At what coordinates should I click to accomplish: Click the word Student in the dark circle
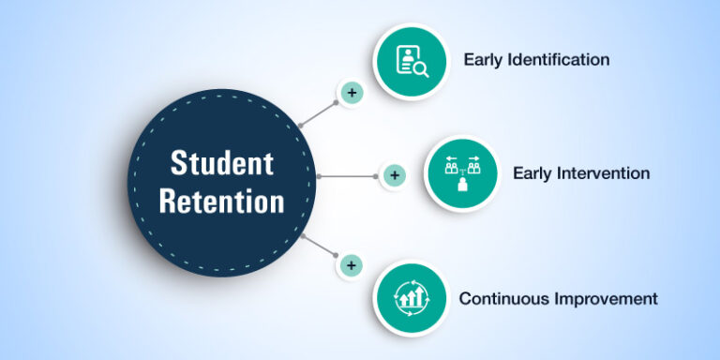(x=221, y=162)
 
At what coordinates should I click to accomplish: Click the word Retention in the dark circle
(x=221, y=200)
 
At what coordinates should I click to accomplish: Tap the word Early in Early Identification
(x=485, y=60)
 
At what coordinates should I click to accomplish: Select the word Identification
(x=560, y=60)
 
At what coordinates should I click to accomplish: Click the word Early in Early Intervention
(x=533, y=173)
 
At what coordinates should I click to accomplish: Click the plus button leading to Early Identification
(x=351, y=93)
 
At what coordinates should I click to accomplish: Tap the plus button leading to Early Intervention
(x=394, y=175)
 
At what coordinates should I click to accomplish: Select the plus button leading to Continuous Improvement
(x=351, y=265)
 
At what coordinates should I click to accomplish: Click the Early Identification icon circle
(x=411, y=60)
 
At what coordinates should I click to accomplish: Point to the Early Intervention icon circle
(x=460, y=174)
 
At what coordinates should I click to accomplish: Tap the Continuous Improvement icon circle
(x=411, y=298)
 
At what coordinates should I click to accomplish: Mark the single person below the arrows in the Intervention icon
(x=460, y=186)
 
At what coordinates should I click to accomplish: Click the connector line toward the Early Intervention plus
(x=349, y=175)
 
